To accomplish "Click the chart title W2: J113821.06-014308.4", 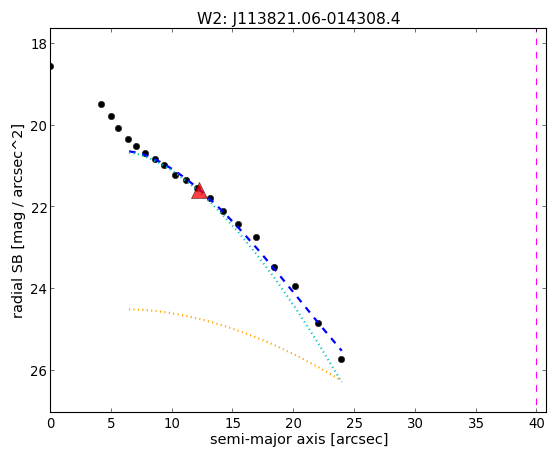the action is point(299,18).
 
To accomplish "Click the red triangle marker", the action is point(199,192).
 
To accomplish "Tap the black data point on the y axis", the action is point(51,67).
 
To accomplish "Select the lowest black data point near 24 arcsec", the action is point(341,359).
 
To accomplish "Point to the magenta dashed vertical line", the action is point(536,220).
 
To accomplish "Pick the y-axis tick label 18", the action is point(38,44).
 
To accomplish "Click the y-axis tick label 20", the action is point(38,126).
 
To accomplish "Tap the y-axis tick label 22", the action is point(38,207).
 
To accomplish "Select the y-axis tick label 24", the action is point(38,289).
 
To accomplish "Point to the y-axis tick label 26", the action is point(38,371).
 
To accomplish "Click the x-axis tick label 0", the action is point(51,424).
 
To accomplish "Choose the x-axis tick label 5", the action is point(111,424).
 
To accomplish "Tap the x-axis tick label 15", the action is point(232,424).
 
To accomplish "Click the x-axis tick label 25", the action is point(354,424).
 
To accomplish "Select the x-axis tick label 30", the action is point(415,424).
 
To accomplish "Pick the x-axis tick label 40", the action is point(537,424).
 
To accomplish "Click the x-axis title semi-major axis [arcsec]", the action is point(299,439).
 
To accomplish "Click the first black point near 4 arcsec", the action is point(101,104).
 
